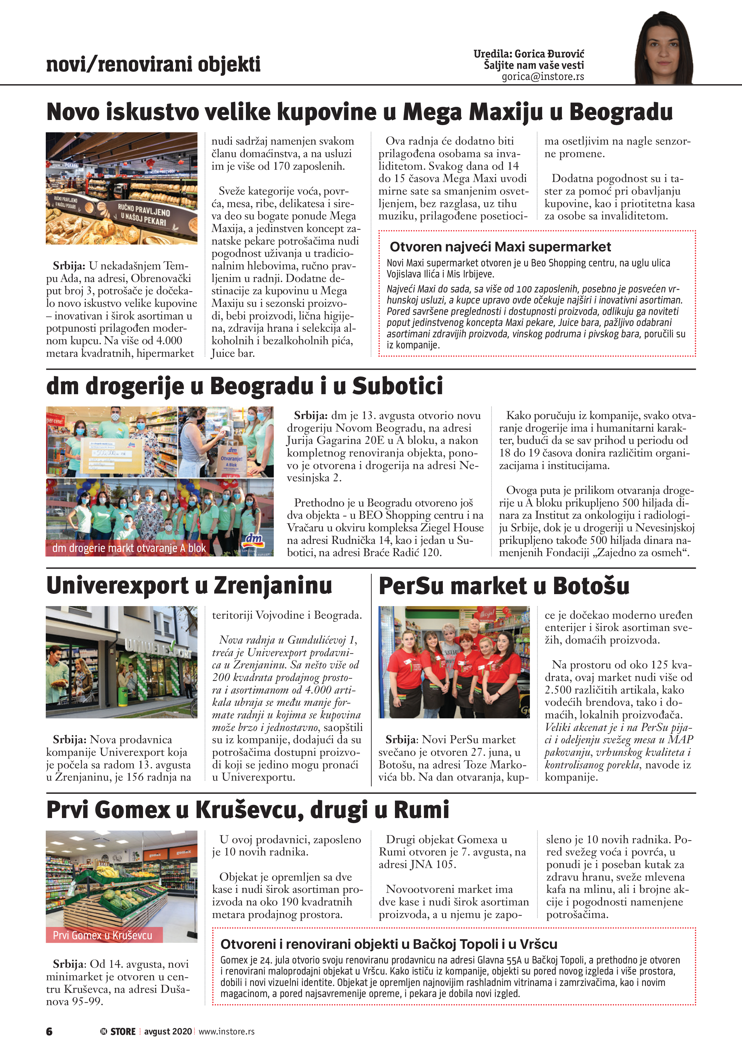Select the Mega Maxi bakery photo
[121, 188]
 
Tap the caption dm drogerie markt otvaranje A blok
[129, 548]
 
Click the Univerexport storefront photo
[121, 662]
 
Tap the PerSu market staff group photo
[454, 662]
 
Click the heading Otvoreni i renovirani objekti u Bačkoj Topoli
[389, 944]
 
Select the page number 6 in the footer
[49, 1031]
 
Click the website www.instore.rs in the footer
[226, 1031]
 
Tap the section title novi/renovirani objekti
[153, 64]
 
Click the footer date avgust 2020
[168, 1031]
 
